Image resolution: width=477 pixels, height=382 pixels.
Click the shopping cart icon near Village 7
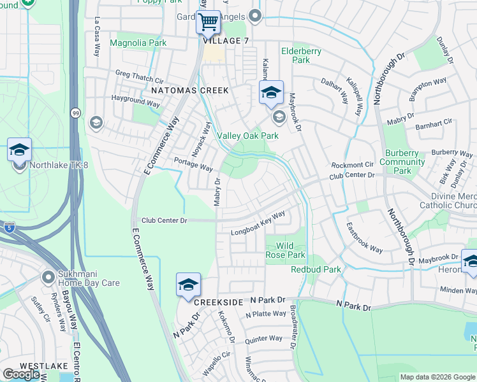click(x=208, y=22)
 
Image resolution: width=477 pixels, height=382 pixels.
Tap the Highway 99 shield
click(x=75, y=113)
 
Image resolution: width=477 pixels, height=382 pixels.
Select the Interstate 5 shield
click(x=9, y=226)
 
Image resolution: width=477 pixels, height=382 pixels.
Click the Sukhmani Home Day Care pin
click(x=48, y=278)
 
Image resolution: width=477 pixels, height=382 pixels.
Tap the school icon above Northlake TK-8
click(x=19, y=150)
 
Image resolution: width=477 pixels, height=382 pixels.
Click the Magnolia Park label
click(x=138, y=43)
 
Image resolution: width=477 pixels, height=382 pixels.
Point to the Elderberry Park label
click(x=302, y=55)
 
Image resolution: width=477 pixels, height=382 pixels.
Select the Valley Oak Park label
click(x=248, y=136)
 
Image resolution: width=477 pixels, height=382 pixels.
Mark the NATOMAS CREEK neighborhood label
click(x=189, y=90)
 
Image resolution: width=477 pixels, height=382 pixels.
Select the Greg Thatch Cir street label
click(x=140, y=74)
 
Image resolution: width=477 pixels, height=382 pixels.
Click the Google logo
click(x=21, y=374)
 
